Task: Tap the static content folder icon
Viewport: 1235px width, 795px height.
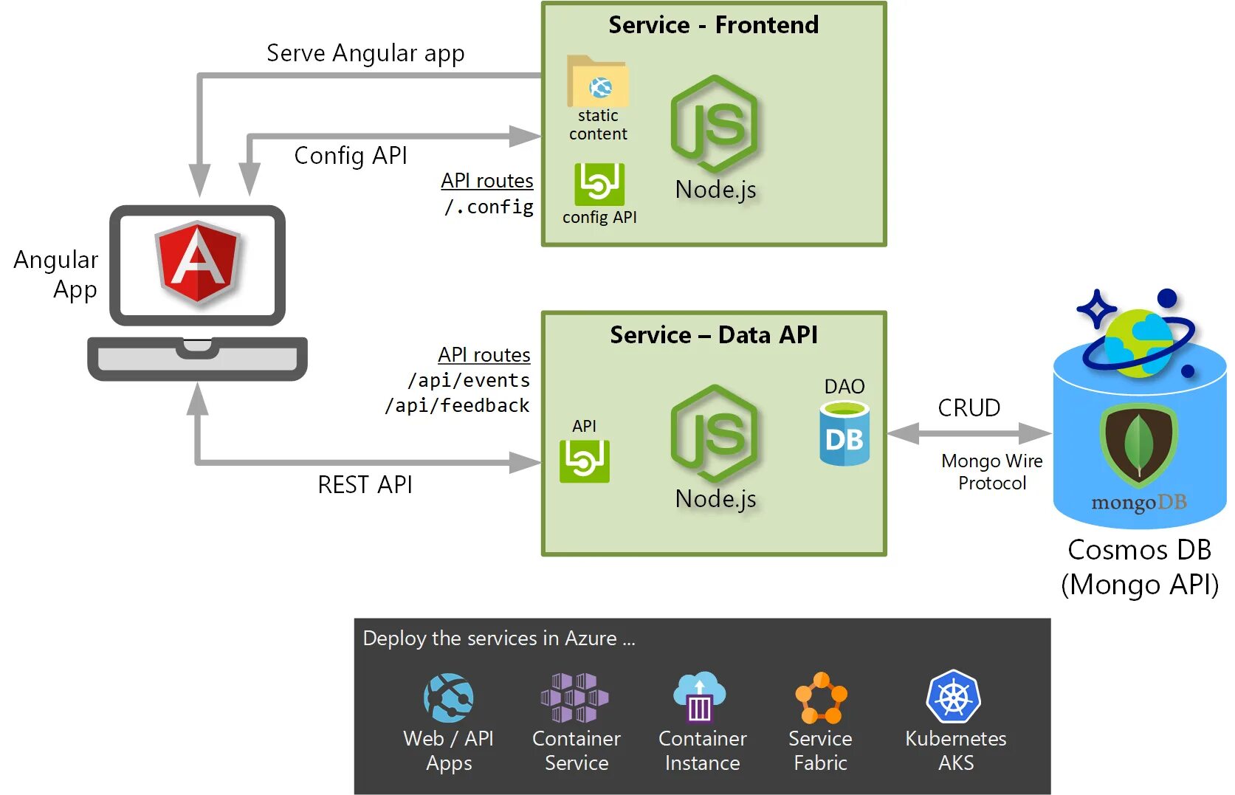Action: (x=598, y=83)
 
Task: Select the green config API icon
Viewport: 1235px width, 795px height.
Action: (x=599, y=184)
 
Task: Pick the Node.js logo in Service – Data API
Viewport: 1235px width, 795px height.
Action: (x=715, y=433)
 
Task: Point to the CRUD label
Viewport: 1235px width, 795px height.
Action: (x=969, y=407)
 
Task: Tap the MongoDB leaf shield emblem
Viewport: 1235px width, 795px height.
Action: (x=1138, y=444)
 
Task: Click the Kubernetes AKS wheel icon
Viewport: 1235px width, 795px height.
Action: (x=954, y=697)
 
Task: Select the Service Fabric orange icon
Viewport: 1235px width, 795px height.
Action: (x=820, y=698)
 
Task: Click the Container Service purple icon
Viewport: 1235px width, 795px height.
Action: (x=575, y=698)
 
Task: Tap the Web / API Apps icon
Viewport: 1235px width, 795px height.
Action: (x=448, y=698)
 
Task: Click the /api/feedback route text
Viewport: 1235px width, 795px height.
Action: (x=457, y=405)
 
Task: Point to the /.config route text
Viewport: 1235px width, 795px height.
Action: (x=489, y=207)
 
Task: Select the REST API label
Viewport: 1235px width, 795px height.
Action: (x=365, y=484)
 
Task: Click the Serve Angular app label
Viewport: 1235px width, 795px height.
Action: (x=365, y=53)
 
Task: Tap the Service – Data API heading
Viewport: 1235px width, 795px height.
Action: (x=713, y=334)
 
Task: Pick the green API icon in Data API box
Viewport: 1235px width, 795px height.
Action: (x=584, y=461)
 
